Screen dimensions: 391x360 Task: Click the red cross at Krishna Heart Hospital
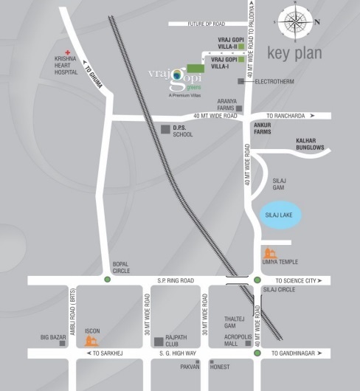(67, 53)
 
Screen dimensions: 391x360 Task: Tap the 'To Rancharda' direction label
(290, 116)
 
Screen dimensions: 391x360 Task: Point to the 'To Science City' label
(299, 281)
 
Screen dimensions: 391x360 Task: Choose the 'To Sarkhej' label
(108, 354)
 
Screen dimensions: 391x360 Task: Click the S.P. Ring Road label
(176, 280)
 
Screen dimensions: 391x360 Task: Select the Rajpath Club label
(178, 340)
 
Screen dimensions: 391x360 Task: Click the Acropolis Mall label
(238, 340)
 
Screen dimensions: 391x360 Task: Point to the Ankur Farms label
(263, 128)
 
